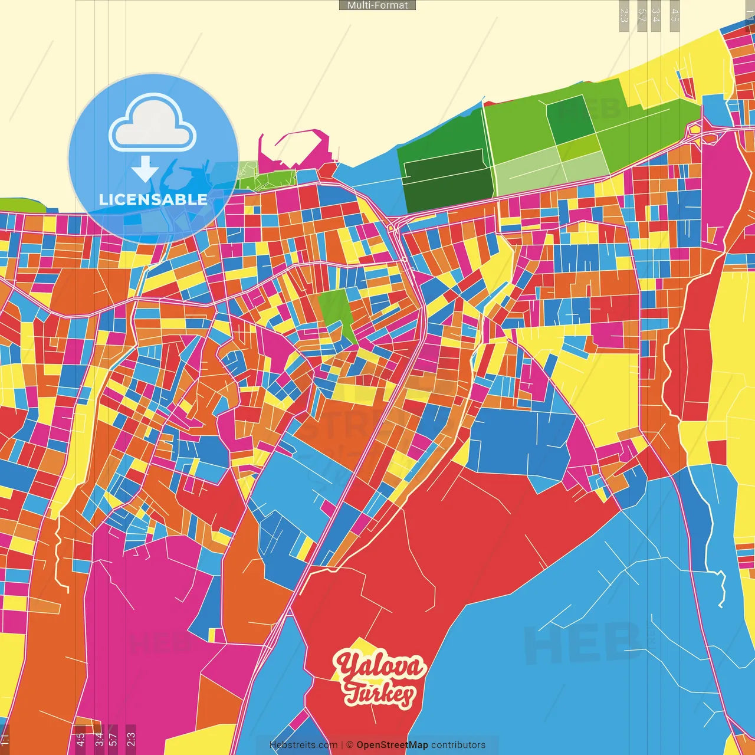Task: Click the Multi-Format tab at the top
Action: [x=377, y=5]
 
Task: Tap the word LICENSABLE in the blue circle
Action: [x=153, y=199]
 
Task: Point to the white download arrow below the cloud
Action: [x=145, y=170]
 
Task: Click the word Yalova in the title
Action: [x=379, y=667]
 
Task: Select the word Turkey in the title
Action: [x=379, y=694]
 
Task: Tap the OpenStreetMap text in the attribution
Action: [x=392, y=745]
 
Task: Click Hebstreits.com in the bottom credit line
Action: [x=303, y=745]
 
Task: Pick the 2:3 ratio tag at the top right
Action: [x=624, y=15]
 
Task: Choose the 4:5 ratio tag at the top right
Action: [x=675, y=15]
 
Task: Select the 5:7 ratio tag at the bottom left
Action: [x=113, y=739]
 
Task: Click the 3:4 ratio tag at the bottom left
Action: [x=99, y=739]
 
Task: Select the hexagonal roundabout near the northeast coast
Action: [x=695, y=128]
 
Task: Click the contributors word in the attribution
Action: [x=458, y=745]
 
